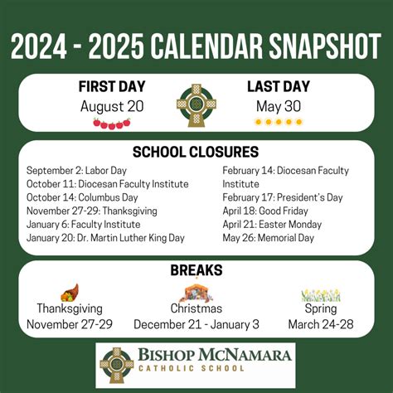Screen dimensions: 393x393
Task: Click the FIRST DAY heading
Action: tap(113, 87)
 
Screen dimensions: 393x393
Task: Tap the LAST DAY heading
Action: tap(278, 87)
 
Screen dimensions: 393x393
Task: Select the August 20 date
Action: tap(112, 106)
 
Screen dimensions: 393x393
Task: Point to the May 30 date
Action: tap(278, 106)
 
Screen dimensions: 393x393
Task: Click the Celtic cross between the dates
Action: tap(196, 105)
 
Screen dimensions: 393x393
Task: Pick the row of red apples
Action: tap(112, 124)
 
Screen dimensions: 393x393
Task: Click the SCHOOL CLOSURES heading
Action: tap(196, 152)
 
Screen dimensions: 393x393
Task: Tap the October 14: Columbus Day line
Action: tap(81, 197)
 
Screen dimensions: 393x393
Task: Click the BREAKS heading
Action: tap(196, 270)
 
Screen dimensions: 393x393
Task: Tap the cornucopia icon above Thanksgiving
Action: tap(70, 293)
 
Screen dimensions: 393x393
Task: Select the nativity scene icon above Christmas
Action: tap(196, 293)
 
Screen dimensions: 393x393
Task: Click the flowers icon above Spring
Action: tap(321, 294)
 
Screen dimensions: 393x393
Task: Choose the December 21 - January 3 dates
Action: tap(196, 323)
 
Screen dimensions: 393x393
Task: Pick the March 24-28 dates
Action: tap(321, 323)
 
